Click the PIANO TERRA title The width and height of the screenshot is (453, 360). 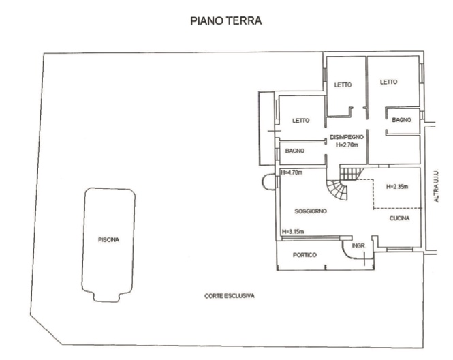point(226,21)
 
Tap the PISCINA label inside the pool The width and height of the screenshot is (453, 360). point(108,240)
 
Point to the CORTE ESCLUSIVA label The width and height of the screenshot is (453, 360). point(230,296)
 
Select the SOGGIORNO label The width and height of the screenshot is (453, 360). point(311,211)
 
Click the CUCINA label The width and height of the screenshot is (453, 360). point(400,218)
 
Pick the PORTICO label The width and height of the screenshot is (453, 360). point(304,255)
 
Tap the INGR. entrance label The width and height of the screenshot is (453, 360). point(359,245)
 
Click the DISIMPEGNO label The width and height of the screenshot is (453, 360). point(347,137)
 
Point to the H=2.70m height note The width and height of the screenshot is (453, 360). point(347,145)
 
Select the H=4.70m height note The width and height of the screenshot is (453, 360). point(292,172)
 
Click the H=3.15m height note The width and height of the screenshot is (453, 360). point(293,232)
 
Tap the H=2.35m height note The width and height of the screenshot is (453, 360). point(397,187)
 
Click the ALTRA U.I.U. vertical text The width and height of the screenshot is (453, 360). point(436,185)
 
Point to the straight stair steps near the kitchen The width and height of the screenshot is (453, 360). point(352,173)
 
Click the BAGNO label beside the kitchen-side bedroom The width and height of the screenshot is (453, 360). point(402,120)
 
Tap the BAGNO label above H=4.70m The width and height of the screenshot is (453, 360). point(295,151)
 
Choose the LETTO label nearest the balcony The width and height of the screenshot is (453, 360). point(300,121)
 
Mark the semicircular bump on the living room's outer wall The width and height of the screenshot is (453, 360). point(263,181)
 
